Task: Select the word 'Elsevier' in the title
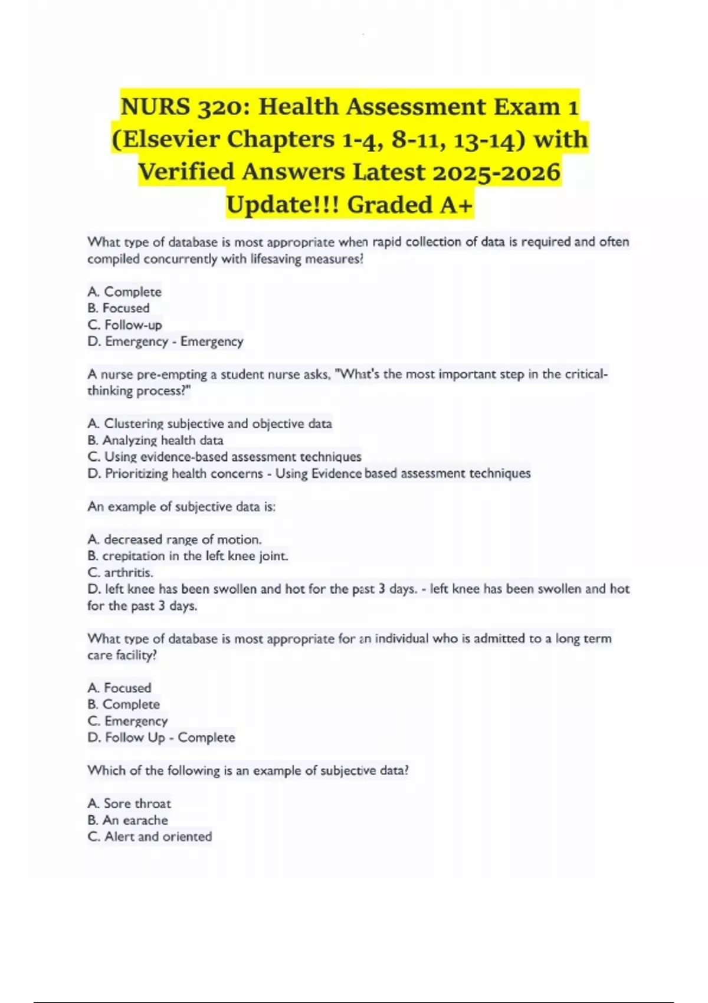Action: tap(165, 140)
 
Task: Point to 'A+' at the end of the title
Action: tap(456, 205)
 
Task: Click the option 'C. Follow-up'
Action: tap(124, 324)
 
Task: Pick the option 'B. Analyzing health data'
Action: tap(155, 440)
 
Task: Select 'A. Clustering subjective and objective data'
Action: tap(209, 424)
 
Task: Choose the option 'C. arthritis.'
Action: tap(120, 572)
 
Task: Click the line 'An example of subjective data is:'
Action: tap(182, 506)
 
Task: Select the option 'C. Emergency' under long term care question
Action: tap(127, 721)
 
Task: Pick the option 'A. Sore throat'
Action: tap(129, 804)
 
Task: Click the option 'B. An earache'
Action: tap(127, 820)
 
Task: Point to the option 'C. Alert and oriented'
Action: tap(150, 837)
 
